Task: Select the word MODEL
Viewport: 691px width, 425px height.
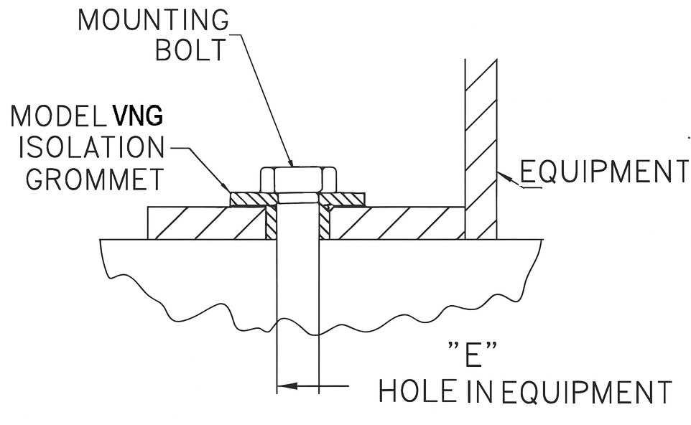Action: [x=59, y=116]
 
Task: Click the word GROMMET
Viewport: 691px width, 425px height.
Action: [x=95, y=179]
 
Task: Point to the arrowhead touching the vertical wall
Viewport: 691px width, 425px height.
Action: [x=503, y=174]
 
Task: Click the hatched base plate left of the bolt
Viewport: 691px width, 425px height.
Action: [x=205, y=223]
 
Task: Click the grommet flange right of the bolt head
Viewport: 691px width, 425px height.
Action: [x=343, y=197]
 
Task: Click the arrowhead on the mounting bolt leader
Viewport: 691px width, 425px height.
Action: [x=290, y=162]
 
